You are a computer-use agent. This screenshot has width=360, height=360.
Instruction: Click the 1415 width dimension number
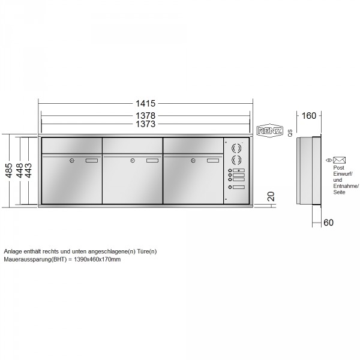pyautogui.click(x=146, y=104)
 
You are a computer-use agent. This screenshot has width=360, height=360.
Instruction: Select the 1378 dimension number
pyautogui.click(x=146, y=116)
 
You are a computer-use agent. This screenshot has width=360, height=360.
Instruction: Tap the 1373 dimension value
pyautogui.click(x=146, y=124)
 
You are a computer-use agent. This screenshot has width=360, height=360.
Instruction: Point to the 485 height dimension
pyautogui.click(x=9, y=170)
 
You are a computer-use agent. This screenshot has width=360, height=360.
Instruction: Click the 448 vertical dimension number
pyautogui.click(x=19, y=170)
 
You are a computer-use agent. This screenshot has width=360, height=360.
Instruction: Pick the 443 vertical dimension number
pyautogui.click(x=28, y=170)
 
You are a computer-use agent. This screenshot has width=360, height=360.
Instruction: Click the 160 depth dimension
pyautogui.click(x=309, y=116)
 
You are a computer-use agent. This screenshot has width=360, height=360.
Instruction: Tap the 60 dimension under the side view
pyautogui.click(x=328, y=223)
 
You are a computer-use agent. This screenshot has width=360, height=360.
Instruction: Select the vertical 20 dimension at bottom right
pyautogui.click(x=271, y=197)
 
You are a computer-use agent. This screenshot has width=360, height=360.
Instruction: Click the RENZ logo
pyautogui.click(x=269, y=131)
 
